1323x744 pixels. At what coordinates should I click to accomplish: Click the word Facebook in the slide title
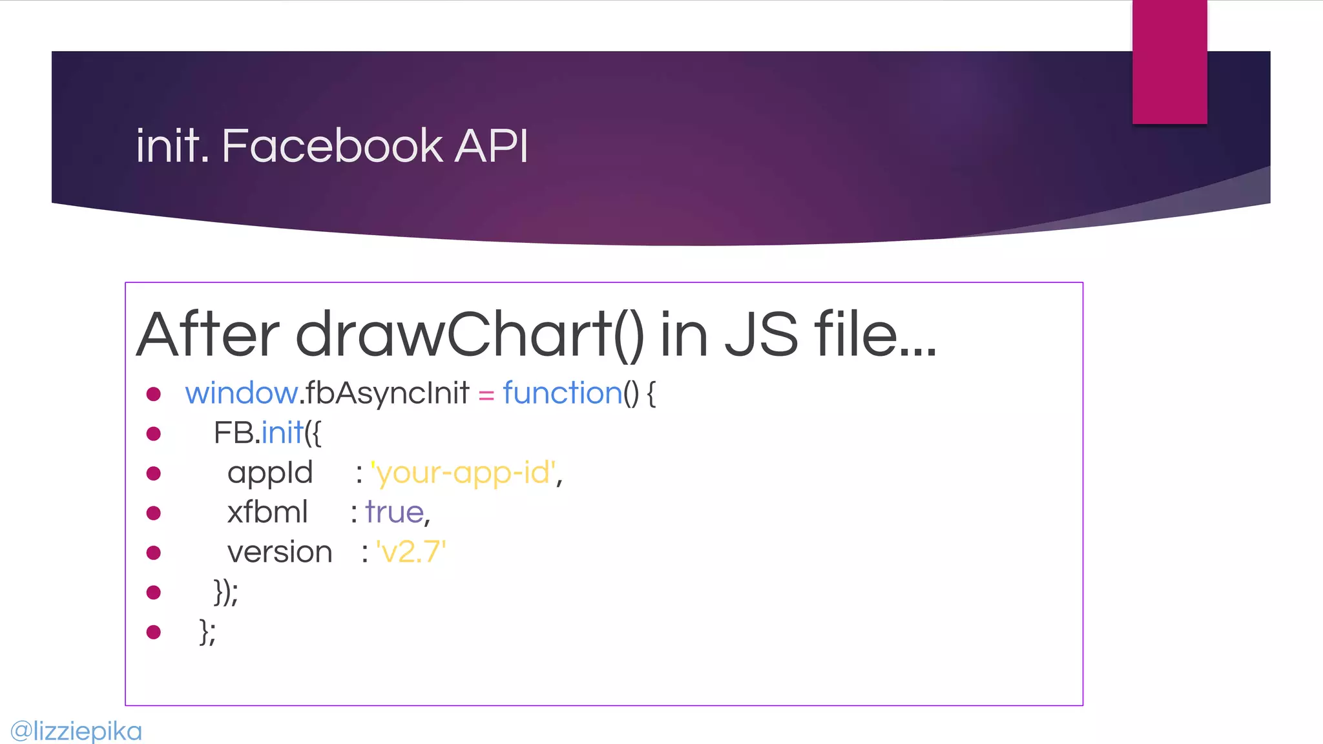click(x=332, y=145)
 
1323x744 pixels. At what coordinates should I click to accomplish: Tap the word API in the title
click(x=491, y=145)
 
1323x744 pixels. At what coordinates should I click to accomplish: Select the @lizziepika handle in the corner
click(x=76, y=731)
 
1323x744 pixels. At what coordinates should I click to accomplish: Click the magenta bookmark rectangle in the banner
click(x=1169, y=61)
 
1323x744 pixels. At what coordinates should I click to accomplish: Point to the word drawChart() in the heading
click(x=470, y=335)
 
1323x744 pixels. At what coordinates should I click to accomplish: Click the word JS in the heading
click(x=761, y=335)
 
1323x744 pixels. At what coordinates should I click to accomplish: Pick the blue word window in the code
click(x=241, y=393)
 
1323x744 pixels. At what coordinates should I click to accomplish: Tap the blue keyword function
click(x=562, y=393)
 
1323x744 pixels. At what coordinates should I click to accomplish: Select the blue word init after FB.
click(x=282, y=433)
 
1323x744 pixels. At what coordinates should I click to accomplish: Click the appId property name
click(x=270, y=473)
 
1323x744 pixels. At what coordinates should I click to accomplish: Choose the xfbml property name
click(x=267, y=513)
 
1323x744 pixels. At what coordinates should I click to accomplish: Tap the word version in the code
click(x=280, y=553)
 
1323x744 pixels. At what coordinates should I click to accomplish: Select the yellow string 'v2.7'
click(x=411, y=553)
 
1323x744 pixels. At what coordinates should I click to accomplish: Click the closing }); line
click(x=225, y=592)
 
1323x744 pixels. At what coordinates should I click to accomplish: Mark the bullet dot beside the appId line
click(x=154, y=473)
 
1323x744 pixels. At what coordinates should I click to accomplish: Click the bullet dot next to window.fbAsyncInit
click(x=154, y=394)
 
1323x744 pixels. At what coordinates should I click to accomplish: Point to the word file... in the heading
click(x=875, y=335)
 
